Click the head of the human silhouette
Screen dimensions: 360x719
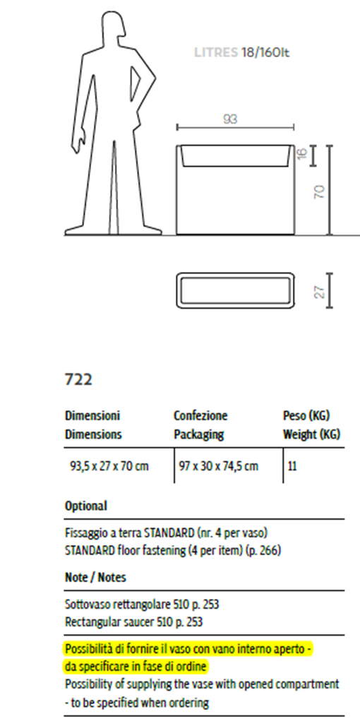tap(113, 28)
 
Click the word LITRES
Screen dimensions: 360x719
tap(216, 53)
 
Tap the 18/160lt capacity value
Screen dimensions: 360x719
tap(265, 53)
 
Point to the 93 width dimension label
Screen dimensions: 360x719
tap(230, 119)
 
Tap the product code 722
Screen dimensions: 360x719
tap(79, 380)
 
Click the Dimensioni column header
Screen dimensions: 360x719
tap(92, 416)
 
